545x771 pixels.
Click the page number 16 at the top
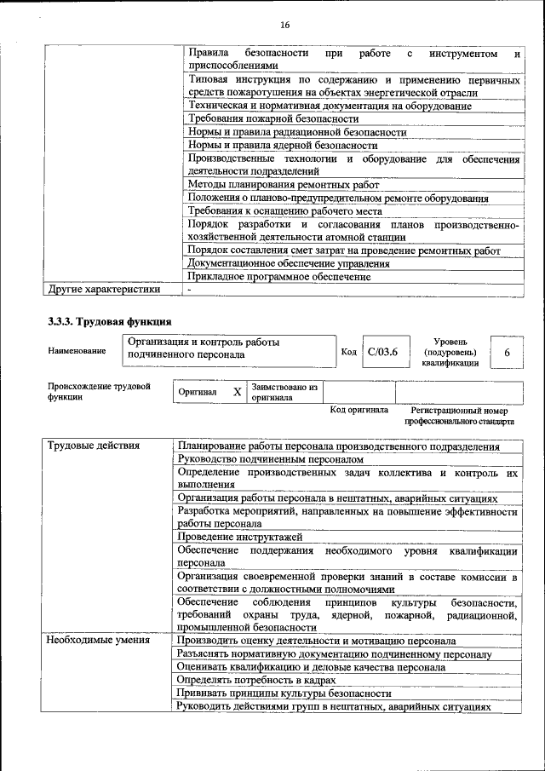(x=284, y=25)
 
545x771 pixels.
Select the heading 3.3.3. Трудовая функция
(x=109, y=322)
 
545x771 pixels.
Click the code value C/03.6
(x=383, y=351)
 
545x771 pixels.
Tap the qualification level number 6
(x=508, y=351)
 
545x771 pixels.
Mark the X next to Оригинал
(x=238, y=392)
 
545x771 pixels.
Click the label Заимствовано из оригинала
(x=284, y=392)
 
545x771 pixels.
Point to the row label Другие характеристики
(x=103, y=290)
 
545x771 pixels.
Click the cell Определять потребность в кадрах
(x=255, y=680)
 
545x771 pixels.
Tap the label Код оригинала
(x=359, y=410)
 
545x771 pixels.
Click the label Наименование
(x=77, y=351)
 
